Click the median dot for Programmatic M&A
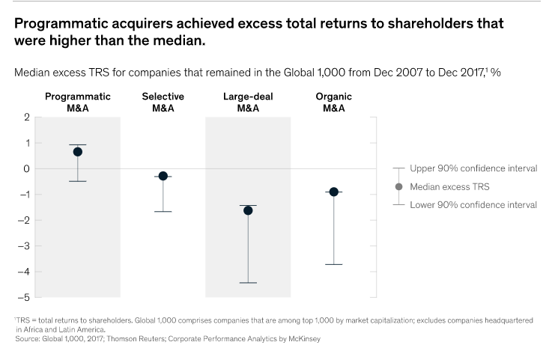tap(78, 152)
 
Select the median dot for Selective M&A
tap(163, 176)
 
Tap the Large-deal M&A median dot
tap(248, 210)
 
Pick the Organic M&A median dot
tap(334, 192)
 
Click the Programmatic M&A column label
tap(78, 102)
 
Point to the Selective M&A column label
tap(163, 102)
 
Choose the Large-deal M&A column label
tap(248, 102)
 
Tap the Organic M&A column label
tap(334, 102)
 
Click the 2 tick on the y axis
tap(27, 118)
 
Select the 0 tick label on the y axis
tap(27, 169)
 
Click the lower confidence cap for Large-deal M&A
tap(248, 283)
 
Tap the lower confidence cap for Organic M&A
tap(334, 264)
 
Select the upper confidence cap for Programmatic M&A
tap(78, 144)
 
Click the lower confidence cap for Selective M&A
tap(163, 212)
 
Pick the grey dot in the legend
tap(398, 186)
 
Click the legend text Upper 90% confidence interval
tap(473, 168)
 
